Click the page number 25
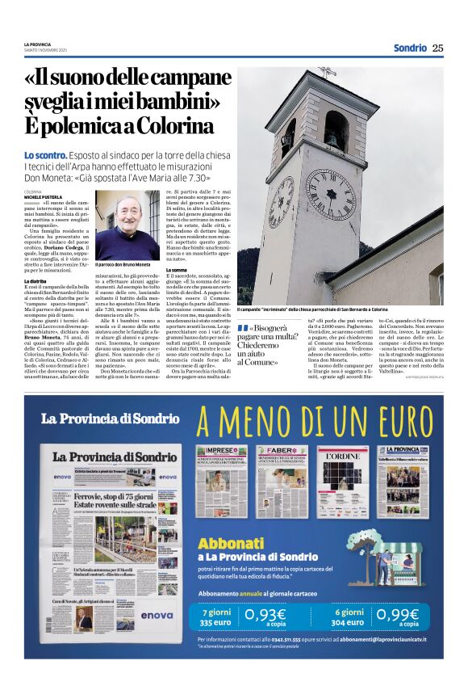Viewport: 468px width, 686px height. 437,48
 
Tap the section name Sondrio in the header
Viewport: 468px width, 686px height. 409,48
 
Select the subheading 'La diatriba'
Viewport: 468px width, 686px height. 36,281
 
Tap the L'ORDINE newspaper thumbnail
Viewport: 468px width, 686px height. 342,481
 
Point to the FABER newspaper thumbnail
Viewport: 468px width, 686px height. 282,481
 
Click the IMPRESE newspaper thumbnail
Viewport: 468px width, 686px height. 222,481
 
